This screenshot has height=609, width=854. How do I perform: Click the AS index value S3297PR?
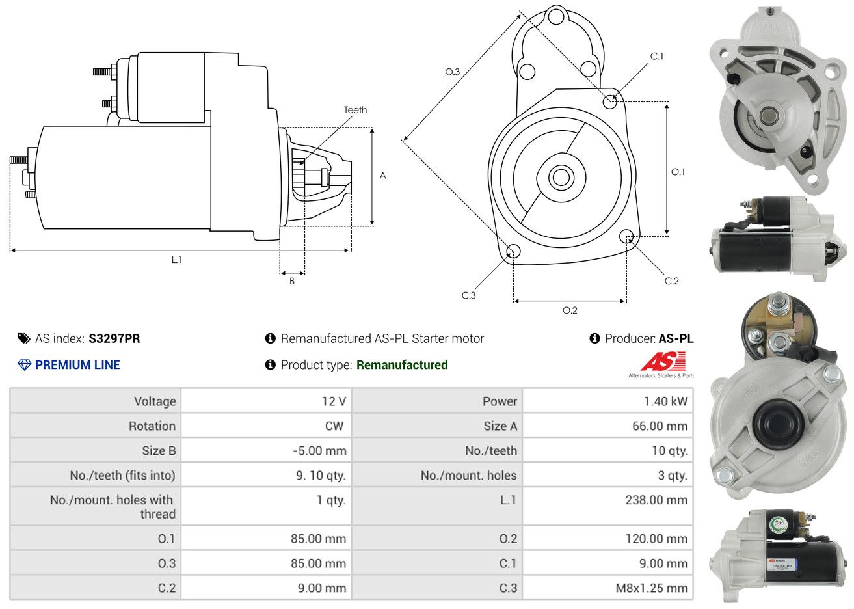[114, 338]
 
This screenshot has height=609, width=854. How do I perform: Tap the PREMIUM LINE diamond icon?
[24, 365]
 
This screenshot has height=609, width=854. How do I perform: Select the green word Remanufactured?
[402, 365]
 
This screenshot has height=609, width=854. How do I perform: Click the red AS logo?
[663, 362]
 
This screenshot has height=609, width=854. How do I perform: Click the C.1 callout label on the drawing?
[657, 57]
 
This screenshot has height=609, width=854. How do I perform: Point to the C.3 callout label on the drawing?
[469, 295]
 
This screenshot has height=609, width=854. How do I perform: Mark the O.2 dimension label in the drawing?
[570, 310]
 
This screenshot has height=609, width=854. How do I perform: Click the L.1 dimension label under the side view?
[176, 260]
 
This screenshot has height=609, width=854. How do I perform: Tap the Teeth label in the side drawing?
[355, 110]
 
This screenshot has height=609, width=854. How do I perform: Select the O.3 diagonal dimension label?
[452, 72]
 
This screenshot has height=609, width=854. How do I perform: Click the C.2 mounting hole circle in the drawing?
[626, 236]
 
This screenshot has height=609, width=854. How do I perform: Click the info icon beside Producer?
[594, 338]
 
